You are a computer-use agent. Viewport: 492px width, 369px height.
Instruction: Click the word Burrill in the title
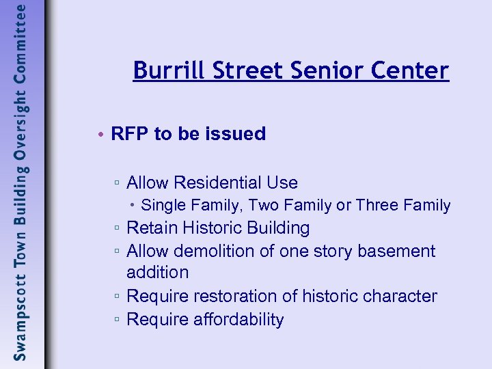pyautogui.click(x=162, y=70)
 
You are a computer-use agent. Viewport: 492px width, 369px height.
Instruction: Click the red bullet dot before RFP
pyautogui.click(x=100, y=134)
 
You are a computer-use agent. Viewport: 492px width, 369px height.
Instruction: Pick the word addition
pyautogui.click(x=157, y=273)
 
